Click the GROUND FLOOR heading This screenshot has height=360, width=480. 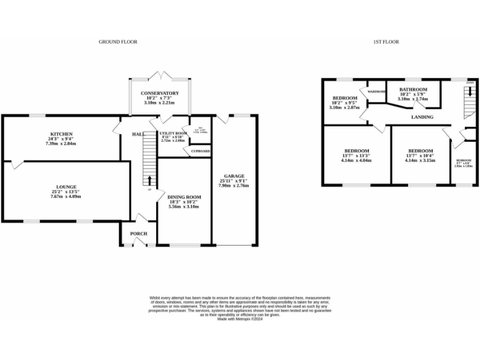tap(117, 42)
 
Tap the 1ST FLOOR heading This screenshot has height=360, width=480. tap(386, 42)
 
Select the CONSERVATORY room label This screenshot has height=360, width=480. tap(159, 93)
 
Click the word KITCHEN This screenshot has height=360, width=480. tap(62, 134)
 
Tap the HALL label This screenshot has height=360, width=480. tap(138, 134)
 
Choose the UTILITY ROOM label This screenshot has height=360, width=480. tap(174, 134)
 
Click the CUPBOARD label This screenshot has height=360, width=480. tap(200, 151)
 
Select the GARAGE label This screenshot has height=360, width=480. tap(234, 176)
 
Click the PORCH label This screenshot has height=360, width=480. tap(138, 234)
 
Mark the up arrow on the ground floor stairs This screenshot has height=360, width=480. tap(149, 181)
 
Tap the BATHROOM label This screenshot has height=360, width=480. tap(413, 89)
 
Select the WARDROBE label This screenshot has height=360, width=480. tap(376, 92)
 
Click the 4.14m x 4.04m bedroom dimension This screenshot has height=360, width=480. tap(356, 161)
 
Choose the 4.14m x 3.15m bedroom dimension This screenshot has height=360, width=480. tap(420, 161)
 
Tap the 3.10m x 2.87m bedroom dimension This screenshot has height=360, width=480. tap(344, 107)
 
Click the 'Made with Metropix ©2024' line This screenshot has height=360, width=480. tap(239, 318)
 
